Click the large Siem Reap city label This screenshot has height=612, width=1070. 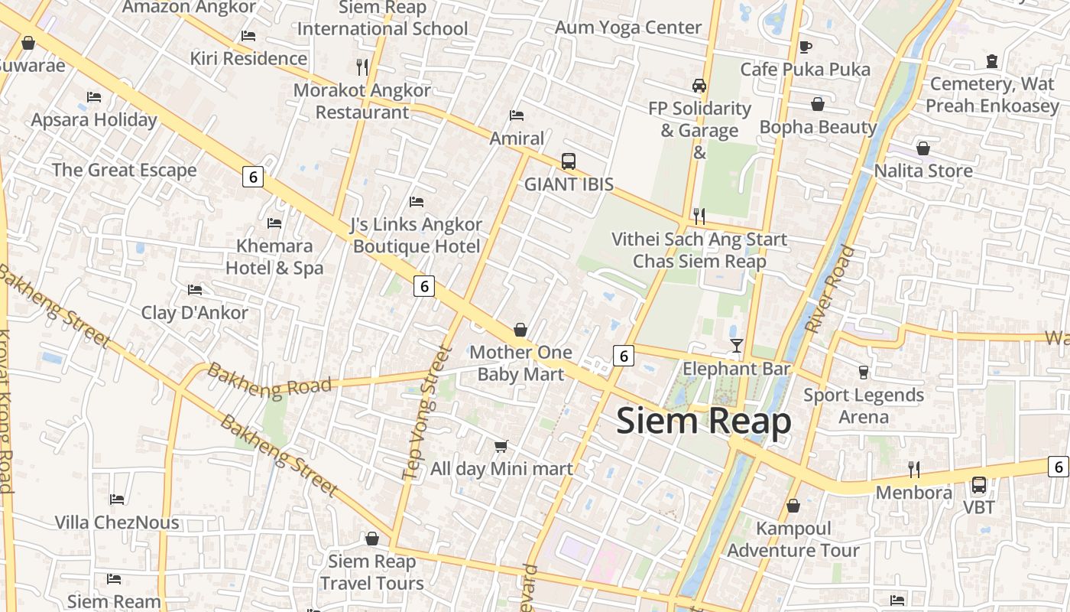pyautogui.click(x=703, y=422)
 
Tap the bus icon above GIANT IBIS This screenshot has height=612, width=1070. pyautogui.click(x=568, y=161)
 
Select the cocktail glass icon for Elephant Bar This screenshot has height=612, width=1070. pyautogui.click(x=736, y=346)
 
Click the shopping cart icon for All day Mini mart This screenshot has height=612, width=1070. pyautogui.click(x=501, y=446)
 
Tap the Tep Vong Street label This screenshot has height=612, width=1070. pyautogui.click(x=426, y=413)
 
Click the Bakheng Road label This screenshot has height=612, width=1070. pyautogui.click(x=269, y=380)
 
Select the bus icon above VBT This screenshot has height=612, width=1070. pyautogui.click(x=978, y=485)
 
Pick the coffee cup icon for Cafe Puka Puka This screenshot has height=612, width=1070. pyautogui.click(x=805, y=47)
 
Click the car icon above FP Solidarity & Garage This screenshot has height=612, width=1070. pyautogui.click(x=699, y=85)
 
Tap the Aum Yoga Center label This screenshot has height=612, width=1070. pyautogui.click(x=627, y=28)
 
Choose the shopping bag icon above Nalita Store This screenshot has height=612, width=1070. pyautogui.click(x=923, y=148)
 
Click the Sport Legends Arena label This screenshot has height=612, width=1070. pyautogui.click(x=864, y=405)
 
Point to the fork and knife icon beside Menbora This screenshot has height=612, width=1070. pyautogui.click(x=913, y=469)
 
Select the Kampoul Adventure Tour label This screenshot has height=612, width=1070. pyautogui.click(x=793, y=539)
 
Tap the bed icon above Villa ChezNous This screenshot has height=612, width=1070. pyautogui.click(x=117, y=500)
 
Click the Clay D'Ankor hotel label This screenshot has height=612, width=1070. pyautogui.click(x=194, y=313)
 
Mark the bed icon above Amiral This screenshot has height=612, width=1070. pyautogui.click(x=517, y=116)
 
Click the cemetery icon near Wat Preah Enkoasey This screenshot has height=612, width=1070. pyautogui.click(x=992, y=60)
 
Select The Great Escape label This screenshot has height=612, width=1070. pyautogui.click(x=124, y=170)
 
